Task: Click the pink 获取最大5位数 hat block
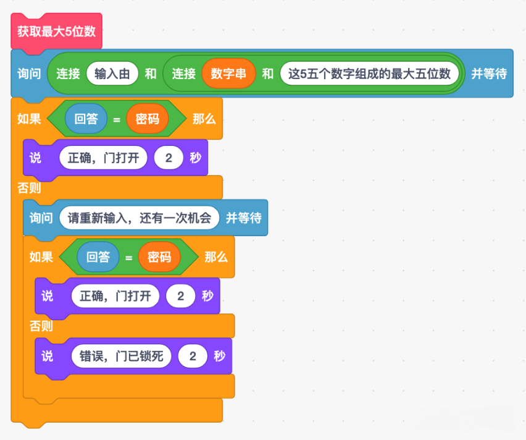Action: [56, 32]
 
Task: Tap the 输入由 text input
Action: [112, 74]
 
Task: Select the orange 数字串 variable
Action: [228, 74]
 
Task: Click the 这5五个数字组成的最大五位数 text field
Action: [369, 74]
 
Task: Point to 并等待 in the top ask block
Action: [489, 74]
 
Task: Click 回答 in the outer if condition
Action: [86, 119]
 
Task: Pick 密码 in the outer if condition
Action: [148, 119]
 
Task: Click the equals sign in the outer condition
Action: [117, 119]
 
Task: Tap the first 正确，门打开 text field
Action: [103, 158]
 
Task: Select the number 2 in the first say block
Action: [169, 158]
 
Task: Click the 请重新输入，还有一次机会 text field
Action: [139, 218]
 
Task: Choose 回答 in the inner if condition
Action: [98, 257]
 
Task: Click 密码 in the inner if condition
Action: [159, 257]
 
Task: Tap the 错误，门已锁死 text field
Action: [122, 356]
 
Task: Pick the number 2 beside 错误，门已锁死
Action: [193, 356]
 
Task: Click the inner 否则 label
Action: [41, 326]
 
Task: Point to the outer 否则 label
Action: [29, 188]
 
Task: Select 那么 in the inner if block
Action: [216, 257]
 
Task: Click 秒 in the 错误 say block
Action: [219, 356]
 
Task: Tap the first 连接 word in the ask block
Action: [68, 74]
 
